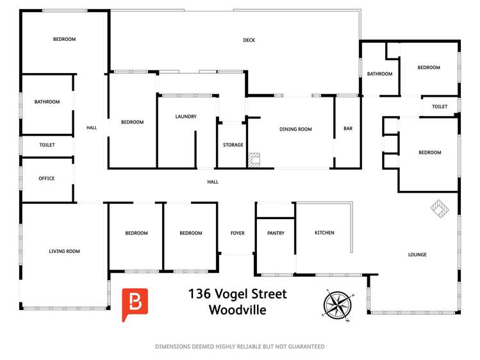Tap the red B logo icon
coord(135,304)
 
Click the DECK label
coord(249,40)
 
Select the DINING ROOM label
coord(295,129)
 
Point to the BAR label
coord(348,129)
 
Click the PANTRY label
coord(276,233)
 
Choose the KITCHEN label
coord(324,233)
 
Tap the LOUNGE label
coord(417,255)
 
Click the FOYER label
coord(237,233)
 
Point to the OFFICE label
coord(47,179)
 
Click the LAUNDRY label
coord(186,117)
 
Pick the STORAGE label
coord(233,145)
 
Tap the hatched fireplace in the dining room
coord(254,160)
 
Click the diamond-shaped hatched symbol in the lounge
coord(440,209)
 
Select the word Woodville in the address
coord(238,311)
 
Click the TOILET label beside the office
coord(47,145)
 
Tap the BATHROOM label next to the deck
coord(379,74)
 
